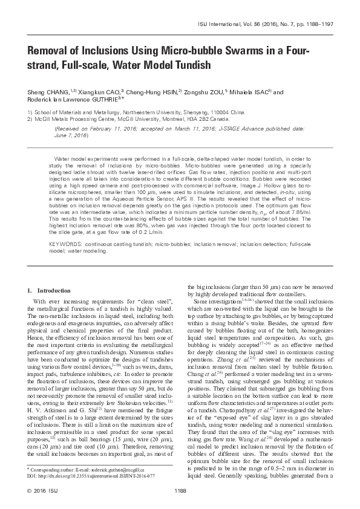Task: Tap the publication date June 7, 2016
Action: tap(71, 134)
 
